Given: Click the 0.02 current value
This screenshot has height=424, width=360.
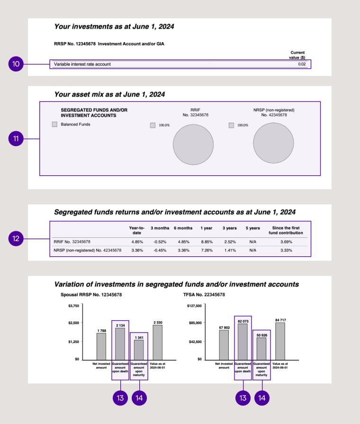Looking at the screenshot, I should (302, 64).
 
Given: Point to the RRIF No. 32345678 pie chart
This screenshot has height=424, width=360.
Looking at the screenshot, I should (193, 145).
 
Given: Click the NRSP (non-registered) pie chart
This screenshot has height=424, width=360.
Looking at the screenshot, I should (273, 145).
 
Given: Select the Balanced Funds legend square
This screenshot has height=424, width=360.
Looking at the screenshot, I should (54, 125).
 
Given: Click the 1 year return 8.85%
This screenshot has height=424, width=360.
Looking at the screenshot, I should (206, 242).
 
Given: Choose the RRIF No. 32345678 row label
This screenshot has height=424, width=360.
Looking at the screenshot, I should (72, 242).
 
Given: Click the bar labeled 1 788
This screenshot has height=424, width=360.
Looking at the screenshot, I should (101, 346).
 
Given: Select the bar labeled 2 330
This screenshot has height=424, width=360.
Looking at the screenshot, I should (158, 342).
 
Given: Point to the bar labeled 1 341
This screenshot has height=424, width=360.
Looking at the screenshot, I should (139, 350).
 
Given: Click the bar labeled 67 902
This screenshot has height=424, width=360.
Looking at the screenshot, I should (224, 344).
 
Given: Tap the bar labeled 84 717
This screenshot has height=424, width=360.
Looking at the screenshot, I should (280, 341).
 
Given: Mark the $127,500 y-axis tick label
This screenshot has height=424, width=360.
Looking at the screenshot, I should (195, 306).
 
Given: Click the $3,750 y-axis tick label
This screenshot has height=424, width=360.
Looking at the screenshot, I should (73, 306).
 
